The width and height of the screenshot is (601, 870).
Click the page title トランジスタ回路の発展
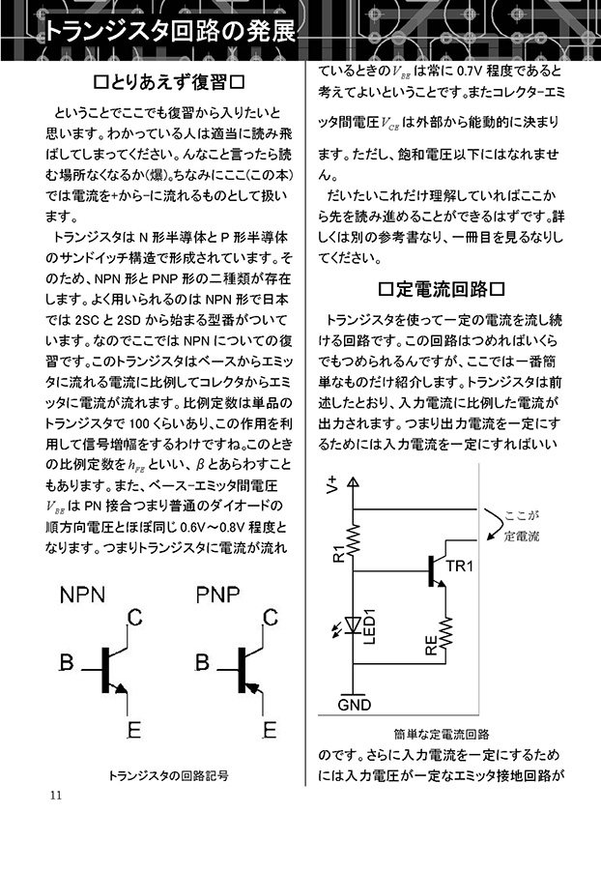[x=170, y=32]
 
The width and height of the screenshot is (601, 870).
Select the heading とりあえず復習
[x=170, y=82]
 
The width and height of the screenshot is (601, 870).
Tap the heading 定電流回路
[x=442, y=289]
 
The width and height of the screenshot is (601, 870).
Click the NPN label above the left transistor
[x=82, y=594]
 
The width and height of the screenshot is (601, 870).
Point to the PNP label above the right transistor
[x=218, y=594]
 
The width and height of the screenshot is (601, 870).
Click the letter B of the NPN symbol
[x=67, y=662]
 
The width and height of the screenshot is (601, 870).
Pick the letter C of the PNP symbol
[x=270, y=617]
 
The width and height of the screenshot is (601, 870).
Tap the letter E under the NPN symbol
[x=133, y=730]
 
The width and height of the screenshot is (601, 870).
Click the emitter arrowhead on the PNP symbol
[x=252, y=688]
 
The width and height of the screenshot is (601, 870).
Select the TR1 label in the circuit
[x=460, y=565]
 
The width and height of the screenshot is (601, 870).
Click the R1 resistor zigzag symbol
[x=354, y=539]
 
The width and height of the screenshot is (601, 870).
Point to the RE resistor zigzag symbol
[x=445, y=632]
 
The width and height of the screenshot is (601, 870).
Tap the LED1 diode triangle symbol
[x=354, y=625]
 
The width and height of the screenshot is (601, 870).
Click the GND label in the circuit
[x=355, y=705]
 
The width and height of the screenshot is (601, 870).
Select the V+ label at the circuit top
[x=332, y=484]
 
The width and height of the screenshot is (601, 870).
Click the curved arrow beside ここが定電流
[x=491, y=524]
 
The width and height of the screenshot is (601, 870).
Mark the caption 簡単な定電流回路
[x=442, y=734]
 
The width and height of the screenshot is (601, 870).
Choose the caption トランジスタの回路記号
[x=168, y=775]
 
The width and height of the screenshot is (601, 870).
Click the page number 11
[x=56, y=796]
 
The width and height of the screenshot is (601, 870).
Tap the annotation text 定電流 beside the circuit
[x=522, y=536]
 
